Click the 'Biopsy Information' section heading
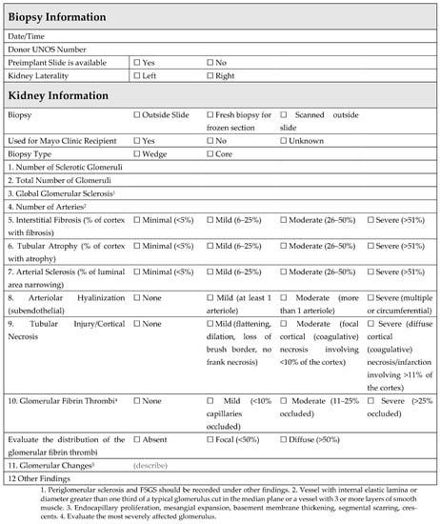[x=64, y=16]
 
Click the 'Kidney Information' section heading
[x=62, y=96]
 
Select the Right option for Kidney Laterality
[x=210, y=74]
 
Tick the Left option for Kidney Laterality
[x=138, y=74]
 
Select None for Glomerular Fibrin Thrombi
[x=138, y=399]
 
